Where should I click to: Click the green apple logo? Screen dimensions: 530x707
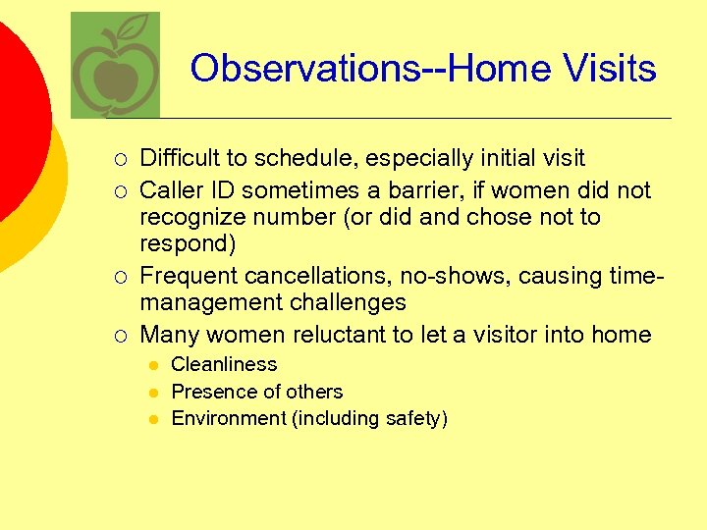(x=115, y=67)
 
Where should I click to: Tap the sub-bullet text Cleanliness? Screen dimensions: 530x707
(x=224, y=364)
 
